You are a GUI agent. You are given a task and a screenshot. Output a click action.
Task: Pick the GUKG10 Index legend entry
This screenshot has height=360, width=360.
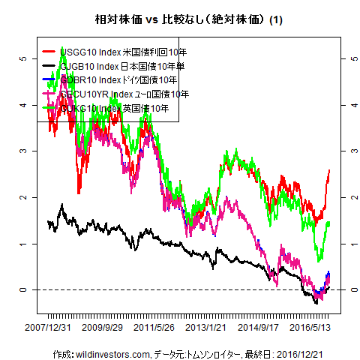(x=113, y=109)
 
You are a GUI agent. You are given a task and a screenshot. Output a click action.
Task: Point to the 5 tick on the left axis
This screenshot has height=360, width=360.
(x=25, y=58)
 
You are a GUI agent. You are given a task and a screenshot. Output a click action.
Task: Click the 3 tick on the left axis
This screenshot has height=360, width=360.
(x=25, y=151)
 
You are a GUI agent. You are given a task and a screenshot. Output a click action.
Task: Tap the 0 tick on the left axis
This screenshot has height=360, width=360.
(x=25, y=289)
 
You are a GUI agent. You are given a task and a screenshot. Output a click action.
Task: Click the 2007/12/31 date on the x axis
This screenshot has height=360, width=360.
(x=48, y=328)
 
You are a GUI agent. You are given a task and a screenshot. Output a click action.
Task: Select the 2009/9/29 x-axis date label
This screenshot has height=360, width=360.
(x=103, y=328)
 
